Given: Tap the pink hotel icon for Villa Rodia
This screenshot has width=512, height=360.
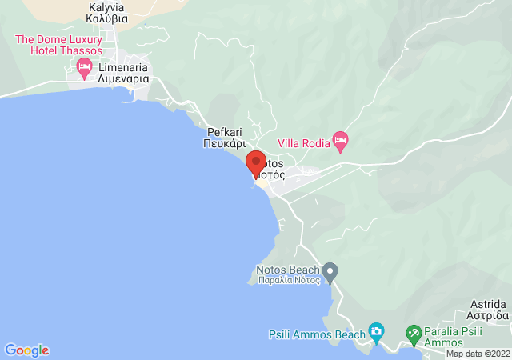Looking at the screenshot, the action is coord(340,142).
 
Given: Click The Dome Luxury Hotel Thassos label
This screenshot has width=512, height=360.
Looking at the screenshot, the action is coord(59,44).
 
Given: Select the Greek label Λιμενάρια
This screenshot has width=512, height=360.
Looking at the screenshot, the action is coord(125,80).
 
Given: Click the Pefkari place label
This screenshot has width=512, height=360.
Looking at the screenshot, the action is coord(225,132).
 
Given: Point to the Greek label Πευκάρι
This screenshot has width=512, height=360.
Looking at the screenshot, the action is coord(225,144).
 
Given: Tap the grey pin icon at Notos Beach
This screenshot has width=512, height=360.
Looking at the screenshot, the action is coord(330,273).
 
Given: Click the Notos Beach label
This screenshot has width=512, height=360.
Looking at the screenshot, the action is coord(287,270).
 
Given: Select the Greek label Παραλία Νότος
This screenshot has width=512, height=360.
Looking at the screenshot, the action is coord(288,280).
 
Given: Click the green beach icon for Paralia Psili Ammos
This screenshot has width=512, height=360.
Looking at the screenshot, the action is coord(414,332).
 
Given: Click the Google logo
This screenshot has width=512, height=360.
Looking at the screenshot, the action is coord(26,350).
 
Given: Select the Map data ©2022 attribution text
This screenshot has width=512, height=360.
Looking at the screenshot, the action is coord(478,354).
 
